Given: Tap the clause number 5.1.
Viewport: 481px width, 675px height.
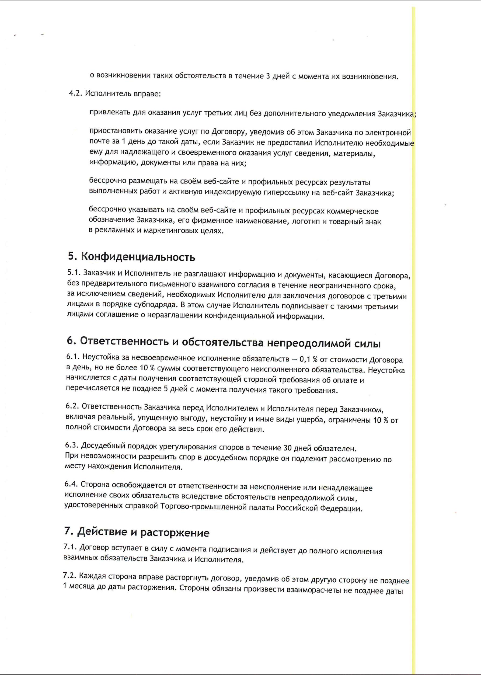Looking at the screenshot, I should (x=74, y=272).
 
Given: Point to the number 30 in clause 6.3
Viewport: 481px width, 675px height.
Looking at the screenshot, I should (x=288, y=448).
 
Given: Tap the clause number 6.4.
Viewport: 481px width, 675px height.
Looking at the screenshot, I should (x=71, y=484).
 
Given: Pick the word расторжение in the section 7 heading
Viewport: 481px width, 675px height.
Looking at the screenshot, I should (x=175, y=533).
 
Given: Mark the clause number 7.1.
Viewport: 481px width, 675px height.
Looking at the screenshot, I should (x=70, y=547).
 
